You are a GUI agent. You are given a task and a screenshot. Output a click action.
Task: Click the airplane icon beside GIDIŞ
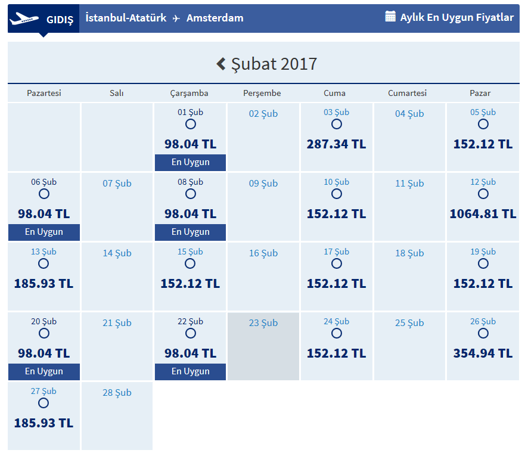click(24, 18)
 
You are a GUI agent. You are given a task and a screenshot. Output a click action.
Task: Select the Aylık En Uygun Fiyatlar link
click(456, 17)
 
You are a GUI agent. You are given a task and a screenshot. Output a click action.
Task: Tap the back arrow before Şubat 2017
click(221, 64)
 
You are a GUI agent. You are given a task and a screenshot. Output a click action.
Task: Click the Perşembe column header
click(262, 93)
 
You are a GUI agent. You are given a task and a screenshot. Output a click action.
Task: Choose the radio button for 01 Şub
click(191, 124)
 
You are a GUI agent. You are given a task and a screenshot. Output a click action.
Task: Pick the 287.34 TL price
click(336, 144)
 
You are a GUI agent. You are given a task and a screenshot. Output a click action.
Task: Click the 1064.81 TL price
click(483, 214)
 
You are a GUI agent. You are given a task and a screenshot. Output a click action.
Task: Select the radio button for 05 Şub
click(483, 124)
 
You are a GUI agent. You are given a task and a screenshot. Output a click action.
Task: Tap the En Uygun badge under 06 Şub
click(44, 232)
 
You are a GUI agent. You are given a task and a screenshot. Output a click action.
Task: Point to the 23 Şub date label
click(263, 323)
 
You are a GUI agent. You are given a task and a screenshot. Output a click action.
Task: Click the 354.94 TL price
click(483, 353)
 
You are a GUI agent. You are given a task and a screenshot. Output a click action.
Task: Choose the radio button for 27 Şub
click(44, 403)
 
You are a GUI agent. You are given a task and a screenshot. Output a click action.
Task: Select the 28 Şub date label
click(117, 393)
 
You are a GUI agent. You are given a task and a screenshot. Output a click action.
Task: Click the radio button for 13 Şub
click(44, 263)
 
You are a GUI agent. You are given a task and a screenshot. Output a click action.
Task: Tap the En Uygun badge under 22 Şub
click(191, 371)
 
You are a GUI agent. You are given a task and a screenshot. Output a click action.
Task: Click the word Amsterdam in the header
click(215, 18)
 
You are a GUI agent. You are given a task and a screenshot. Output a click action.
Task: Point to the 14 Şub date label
click(117, 253)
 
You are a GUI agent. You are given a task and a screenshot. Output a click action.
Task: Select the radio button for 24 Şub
click(337, 333)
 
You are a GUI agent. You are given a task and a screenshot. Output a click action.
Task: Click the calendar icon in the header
click(390, 17)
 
